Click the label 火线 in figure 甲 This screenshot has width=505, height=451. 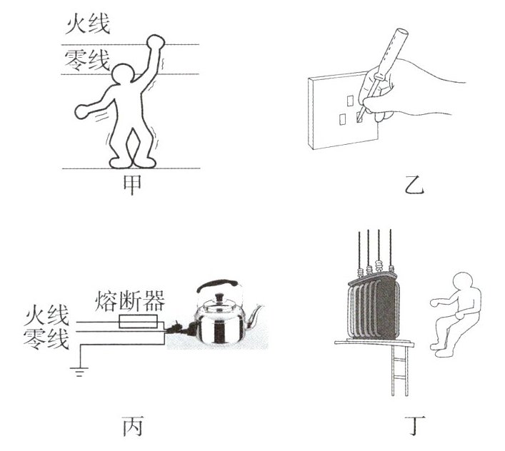tap(88, 26)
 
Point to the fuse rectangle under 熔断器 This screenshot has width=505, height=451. tap(139, 323)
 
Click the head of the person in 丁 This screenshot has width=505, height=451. tap(464, 285)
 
